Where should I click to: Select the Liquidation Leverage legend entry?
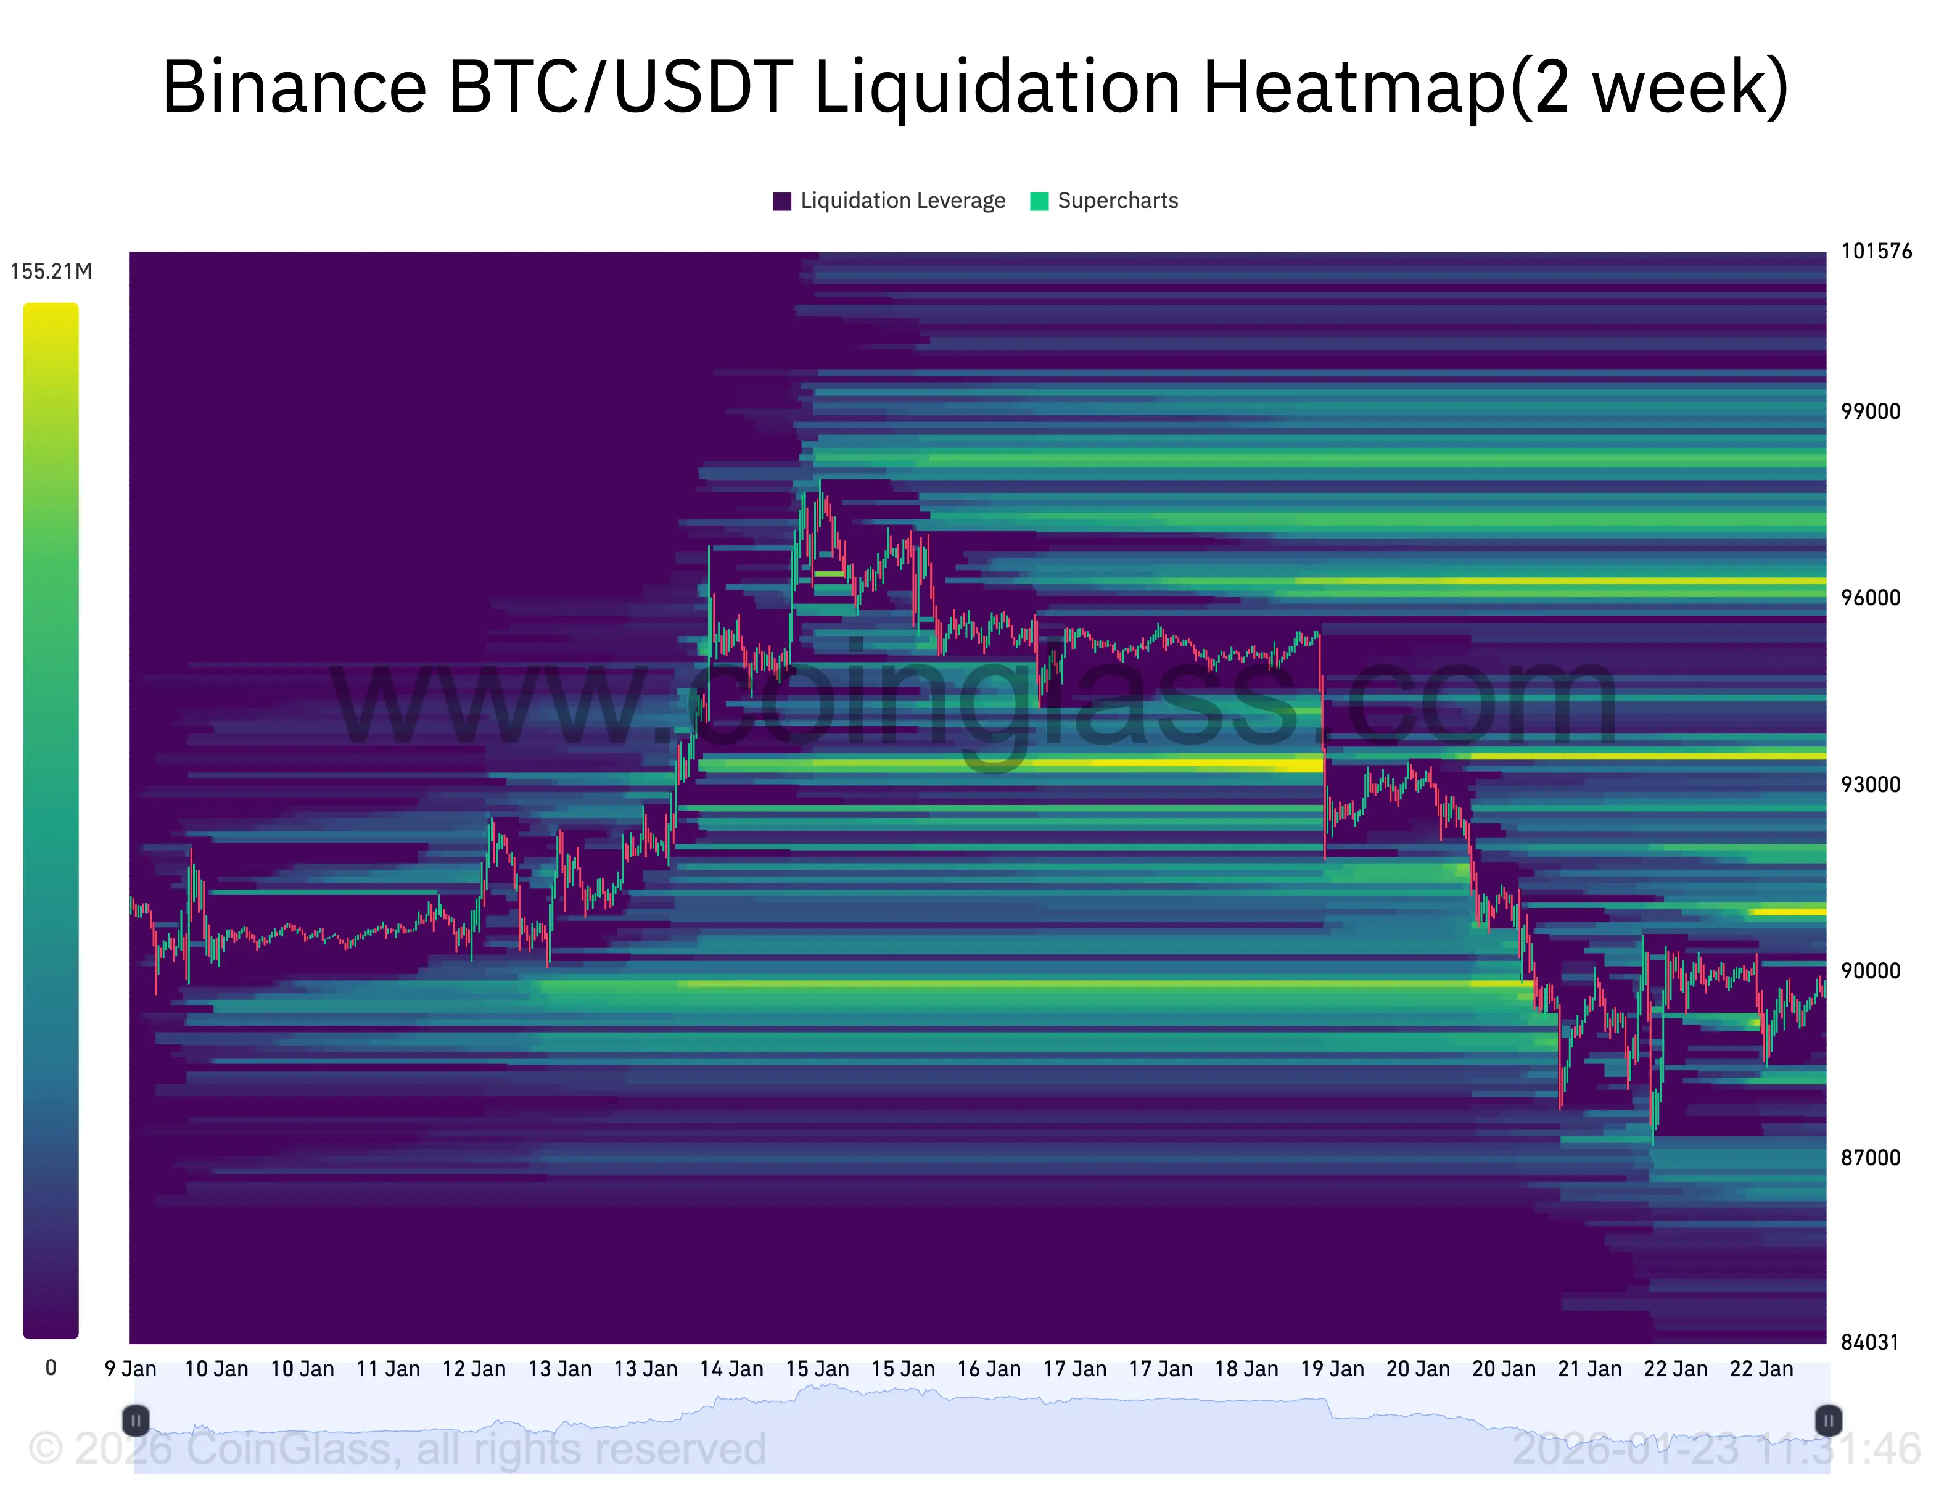[x=889, y=201]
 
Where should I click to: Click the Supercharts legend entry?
[x=1105, y=201]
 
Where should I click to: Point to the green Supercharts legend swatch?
[x=1039, y=202]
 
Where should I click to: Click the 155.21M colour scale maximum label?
[x=51, y=271]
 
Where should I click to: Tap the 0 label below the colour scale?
[x=51, y=1368]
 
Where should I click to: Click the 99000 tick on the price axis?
[x=1870, y=411]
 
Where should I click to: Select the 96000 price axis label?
[x=1870, y=598]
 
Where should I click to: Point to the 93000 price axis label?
[x=1870, y=785]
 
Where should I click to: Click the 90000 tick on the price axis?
[x=1870, y=971]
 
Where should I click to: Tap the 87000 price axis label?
[x=1870, y=1158]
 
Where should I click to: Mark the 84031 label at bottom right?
[x=1870, y=1343]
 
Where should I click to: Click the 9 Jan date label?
[x=131, y=1369]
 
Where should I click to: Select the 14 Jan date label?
[x=731, y=1369]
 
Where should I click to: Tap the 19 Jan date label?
[x=1332, y=1369]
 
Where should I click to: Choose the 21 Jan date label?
[x=1589, y=1369]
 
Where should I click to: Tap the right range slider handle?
[x=1827, y=1421]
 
